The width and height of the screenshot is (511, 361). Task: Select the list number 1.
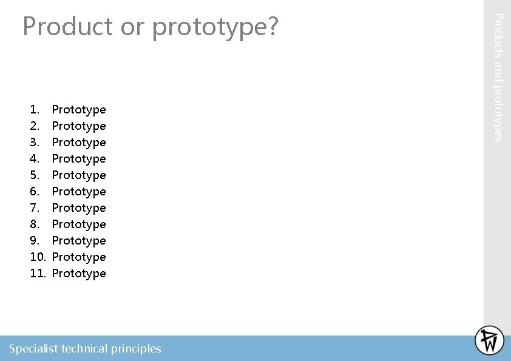pos(35,110)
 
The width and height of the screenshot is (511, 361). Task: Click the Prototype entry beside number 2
pos(79,126)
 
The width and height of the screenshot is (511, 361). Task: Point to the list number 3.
pos(35,143)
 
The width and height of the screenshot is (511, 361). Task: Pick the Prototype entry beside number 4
pos(79,159)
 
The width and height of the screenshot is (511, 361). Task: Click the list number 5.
pos(35,175)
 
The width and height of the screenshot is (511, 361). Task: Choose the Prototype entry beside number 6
pos(79,192)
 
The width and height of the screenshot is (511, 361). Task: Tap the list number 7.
pos(35,208)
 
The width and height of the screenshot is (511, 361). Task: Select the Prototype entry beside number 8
pos(79,224)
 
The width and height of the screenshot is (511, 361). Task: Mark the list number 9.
pos(35,241)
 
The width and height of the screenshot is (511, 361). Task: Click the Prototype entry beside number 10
pos(79,257)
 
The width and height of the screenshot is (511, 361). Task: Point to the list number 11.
pos(38,274)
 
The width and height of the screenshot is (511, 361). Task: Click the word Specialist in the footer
pos(33,349)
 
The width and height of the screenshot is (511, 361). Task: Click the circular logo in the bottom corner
pos(489,340)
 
